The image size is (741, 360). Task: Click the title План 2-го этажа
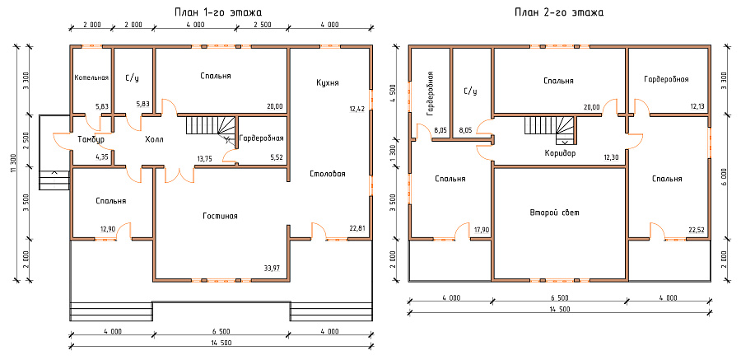tap(559, 12)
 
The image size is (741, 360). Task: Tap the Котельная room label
tap(91, 77)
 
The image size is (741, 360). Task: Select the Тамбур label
tap(91, 139)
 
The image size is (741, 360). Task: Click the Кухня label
tap(328, 82)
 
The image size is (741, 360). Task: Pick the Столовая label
tap(328, 174)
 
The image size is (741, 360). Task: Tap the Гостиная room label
tap(220, 216)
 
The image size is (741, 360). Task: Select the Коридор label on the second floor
tap(560, 153)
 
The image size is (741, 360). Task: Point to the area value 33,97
tap(272, 269)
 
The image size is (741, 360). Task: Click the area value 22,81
tap(357, 229)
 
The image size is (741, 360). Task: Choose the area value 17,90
tap(482, 230)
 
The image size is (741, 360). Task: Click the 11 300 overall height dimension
tap(12, 164)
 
